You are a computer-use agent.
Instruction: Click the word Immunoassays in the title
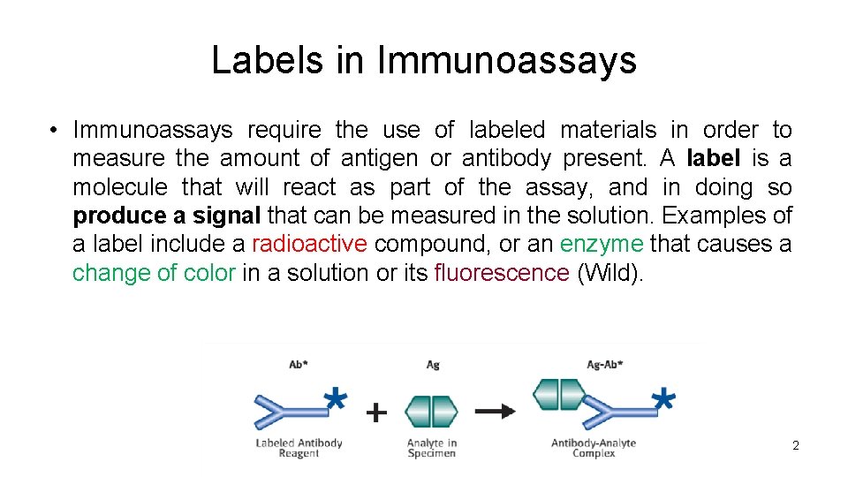coord(506,61)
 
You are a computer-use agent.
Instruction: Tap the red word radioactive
coord(308,244)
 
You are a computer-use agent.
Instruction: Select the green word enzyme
coord(601,244)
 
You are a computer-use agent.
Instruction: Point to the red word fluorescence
coord(501,273)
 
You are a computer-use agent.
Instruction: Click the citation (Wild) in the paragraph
coord(609,273)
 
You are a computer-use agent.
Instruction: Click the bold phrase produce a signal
coord(167,216)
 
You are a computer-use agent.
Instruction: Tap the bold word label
coord(715,159)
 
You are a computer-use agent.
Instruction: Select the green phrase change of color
coord(154,273)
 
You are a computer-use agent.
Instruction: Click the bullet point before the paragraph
coord(54,131)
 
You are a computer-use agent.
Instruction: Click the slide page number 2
coord(795,446)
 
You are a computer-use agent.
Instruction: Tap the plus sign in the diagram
coord(377,412)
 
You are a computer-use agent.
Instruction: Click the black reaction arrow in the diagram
coord(495,411)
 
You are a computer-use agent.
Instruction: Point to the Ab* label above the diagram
coord(299,364)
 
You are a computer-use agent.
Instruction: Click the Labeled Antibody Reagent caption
coord(299,448)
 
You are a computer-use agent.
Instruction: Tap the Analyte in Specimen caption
coord(432,448)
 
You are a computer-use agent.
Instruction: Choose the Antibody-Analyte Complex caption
coord(594,448)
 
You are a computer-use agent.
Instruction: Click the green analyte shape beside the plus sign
coord(431,411)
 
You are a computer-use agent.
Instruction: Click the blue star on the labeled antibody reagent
coord(335,398)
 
